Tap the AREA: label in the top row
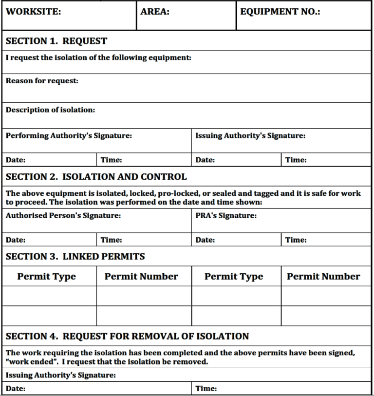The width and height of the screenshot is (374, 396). coord(155,12)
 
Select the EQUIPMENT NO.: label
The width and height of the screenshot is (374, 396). coord(280,12)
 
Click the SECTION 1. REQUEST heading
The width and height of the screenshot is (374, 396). coord(56,41)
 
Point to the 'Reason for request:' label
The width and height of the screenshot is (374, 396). coord(42,81)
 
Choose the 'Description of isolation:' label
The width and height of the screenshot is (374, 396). coord(50,110)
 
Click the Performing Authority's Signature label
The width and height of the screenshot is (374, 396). coord(69,136)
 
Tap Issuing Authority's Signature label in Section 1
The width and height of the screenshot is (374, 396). coord(250,136)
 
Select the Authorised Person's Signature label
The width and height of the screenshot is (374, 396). coord(63,216)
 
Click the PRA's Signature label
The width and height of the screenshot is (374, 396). coord(226,216)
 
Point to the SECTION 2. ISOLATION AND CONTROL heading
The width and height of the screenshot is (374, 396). coord(96,177)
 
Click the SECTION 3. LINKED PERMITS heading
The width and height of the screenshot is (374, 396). coord(75,257)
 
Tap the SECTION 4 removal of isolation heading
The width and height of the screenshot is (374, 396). coord(127,336)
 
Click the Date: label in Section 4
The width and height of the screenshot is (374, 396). coord(16,389)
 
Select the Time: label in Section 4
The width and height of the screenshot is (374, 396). coord(206,389)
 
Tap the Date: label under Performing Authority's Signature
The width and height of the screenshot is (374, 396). coord(16,160)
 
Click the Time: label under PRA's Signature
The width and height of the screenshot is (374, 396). coord(296,240)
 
